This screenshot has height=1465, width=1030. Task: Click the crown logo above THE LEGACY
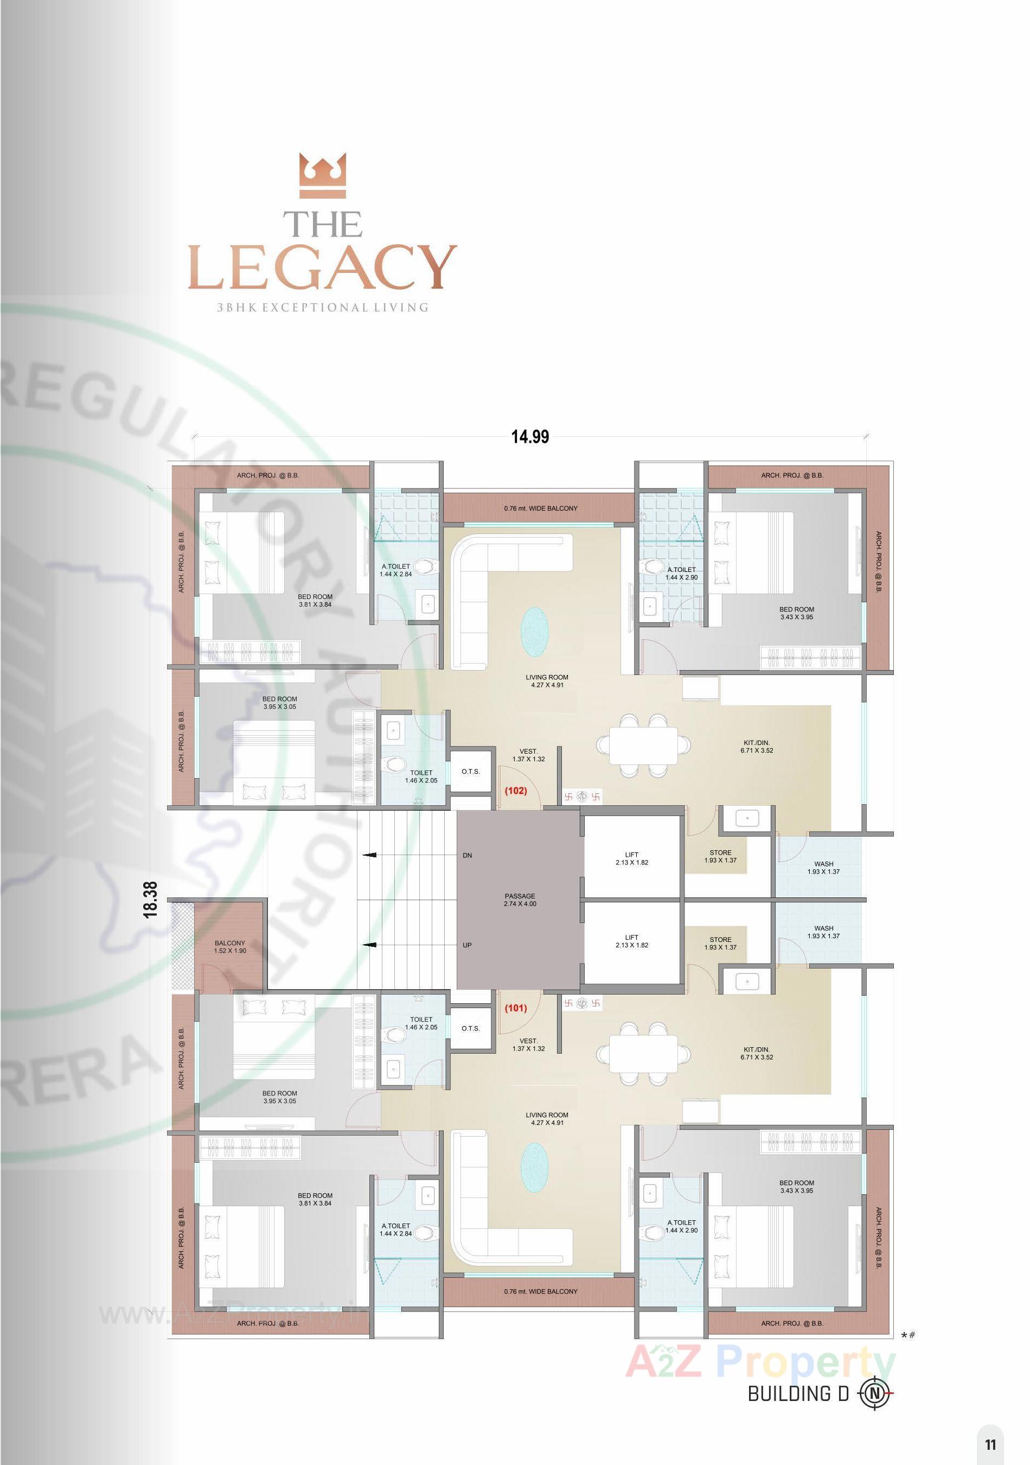(x=323, y=177)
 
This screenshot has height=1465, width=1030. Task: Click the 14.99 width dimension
(x=529, y=437)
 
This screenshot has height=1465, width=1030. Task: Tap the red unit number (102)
(x=515, y=790)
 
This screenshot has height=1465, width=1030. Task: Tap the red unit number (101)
(x=515, y=1009)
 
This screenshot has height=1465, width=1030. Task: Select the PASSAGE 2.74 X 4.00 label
(x=520, y=900)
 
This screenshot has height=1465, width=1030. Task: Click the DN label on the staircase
(x=467, y=855)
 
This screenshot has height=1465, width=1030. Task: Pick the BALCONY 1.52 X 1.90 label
(x=229, y=947)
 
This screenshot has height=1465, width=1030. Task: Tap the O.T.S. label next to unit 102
(x=471, y=772)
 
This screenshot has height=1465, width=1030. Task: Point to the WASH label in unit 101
(x=823, y=932)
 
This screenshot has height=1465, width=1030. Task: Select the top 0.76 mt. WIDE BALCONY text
(x=540, y=508)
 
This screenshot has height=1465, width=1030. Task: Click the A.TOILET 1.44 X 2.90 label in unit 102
(x=681, y=573)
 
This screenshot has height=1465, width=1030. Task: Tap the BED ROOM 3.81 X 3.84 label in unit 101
(x=315, y=1200)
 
